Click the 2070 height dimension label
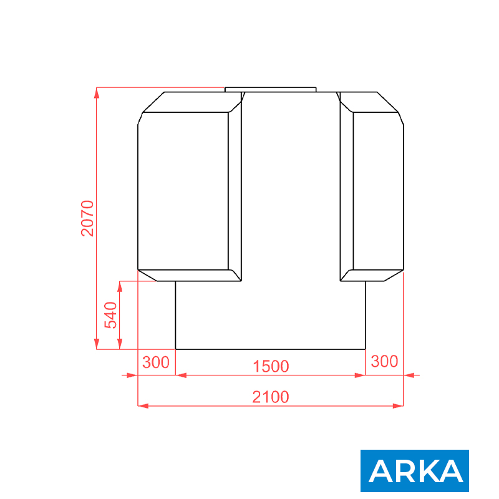[x=87, y=218]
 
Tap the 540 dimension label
[x=111, y=315]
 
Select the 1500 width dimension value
[x=271, y=366]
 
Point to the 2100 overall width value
[x=271, y=397]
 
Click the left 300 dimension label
[x=156, y=362]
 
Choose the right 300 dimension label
[x=384, y=361]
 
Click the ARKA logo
[x=415, y=471]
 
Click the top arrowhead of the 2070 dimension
[x=97, y=92]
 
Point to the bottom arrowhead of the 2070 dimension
[x=97, y=344]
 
